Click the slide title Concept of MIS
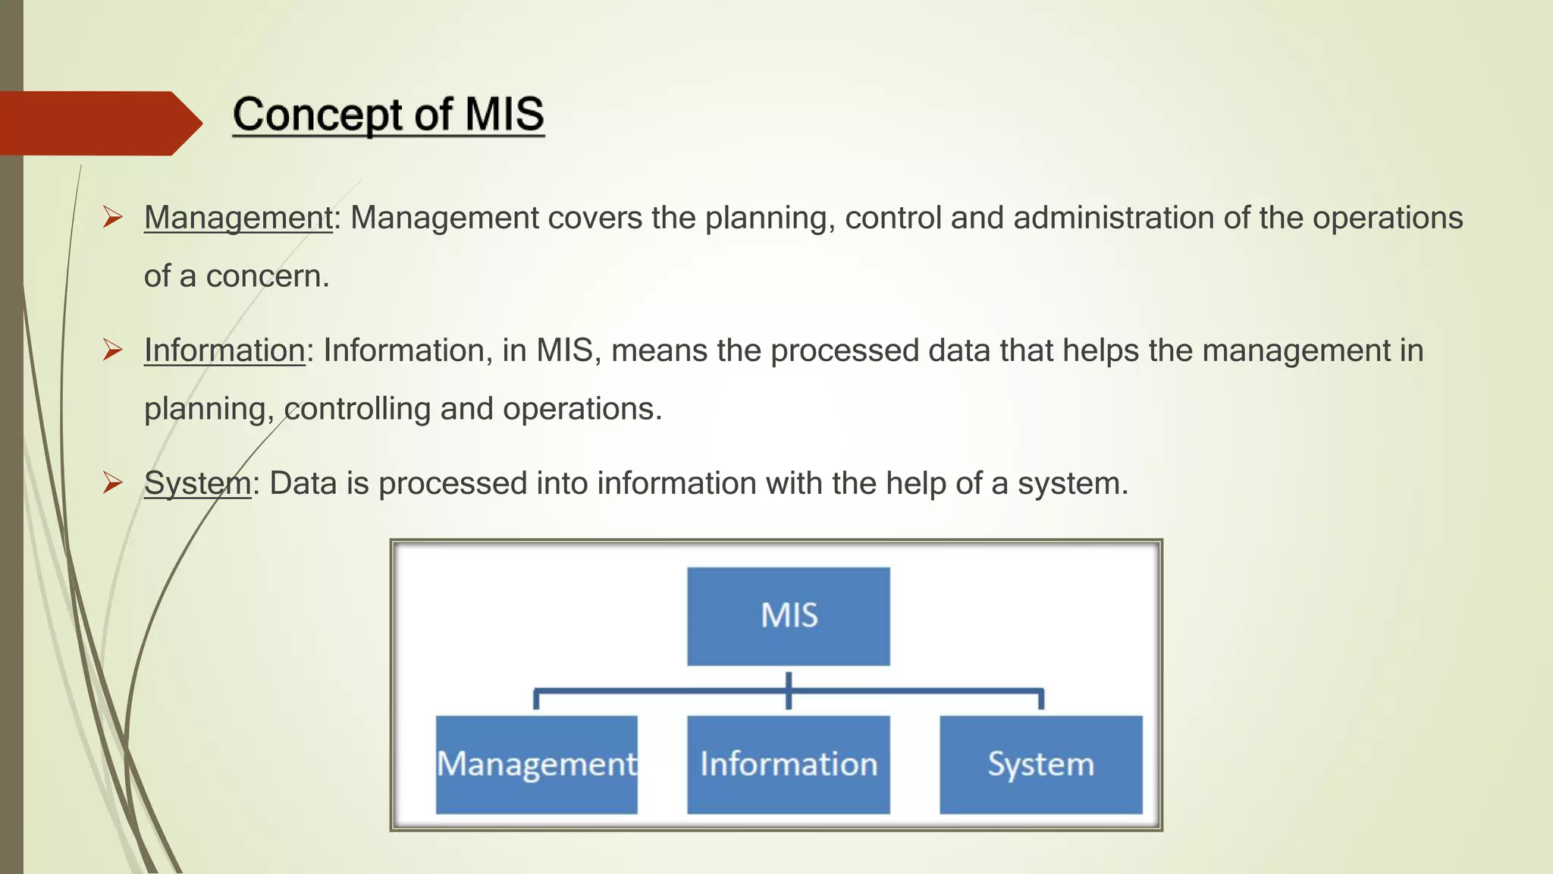click(x=388, y=115)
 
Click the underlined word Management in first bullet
click(x=238, y=218)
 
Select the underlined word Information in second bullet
click(x=224, y=351)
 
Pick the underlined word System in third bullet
click(x=197, y=483)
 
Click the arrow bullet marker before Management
click(x=113, y=218)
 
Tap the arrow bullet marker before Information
click(x=113, y=351)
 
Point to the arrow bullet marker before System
click(x=113, y=483)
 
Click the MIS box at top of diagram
click(x=789, y=616)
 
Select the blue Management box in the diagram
click(x=537, y=765)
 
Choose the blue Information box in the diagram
click(x=789, y=765)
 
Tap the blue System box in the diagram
click(x=1041, y=765)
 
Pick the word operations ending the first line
click(x=1388, y=218)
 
